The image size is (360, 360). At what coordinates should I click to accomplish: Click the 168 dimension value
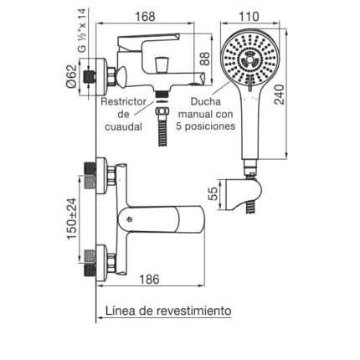145,17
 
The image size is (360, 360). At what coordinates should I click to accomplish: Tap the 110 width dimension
249,17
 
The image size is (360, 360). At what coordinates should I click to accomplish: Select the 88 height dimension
205,59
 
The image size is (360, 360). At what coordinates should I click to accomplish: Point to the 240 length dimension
280,95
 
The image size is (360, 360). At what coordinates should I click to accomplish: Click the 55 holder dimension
213,193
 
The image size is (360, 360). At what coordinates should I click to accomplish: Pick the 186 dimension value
149,279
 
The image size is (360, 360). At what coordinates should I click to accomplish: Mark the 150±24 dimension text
72,219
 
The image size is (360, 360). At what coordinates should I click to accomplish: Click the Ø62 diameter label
71,76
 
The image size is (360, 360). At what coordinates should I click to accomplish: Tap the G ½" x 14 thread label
82,30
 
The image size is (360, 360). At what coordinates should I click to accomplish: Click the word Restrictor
123,101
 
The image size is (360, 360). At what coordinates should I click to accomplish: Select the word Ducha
206,101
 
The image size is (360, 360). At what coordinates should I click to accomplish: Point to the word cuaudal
124,127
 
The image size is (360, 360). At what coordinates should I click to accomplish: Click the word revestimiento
193,311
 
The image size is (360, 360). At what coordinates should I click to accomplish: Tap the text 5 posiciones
206,126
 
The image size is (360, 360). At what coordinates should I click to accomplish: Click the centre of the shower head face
249,60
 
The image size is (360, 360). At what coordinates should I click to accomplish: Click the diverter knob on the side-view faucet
162,64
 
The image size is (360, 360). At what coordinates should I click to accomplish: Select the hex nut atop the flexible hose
162,111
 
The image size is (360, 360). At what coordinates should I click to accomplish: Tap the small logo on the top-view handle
129,219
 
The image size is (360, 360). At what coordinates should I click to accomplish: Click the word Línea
120,311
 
